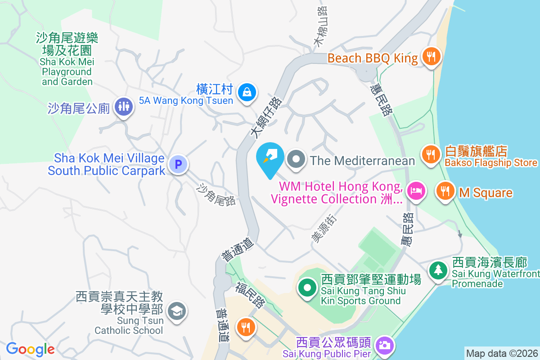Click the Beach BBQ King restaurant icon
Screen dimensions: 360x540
pyautogui.click(x=431, y=57)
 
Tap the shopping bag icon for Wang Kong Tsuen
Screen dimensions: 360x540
pyautogui.click(x=247, y=92)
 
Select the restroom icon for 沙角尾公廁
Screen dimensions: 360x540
pyautogui.click(x=122, y=107)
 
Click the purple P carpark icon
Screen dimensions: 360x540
pyautogui.click(x=179, y=164)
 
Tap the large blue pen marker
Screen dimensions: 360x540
pyautogui.click(x=270, y=158)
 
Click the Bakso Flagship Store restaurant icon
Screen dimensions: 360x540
pyautogui.click(x=431, y=154)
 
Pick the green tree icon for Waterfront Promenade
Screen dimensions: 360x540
pyautogui.click(x=437, y=270)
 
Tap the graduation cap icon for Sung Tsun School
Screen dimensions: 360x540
pyautogui.click(x=176, y=311)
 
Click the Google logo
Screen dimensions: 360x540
pyautogui.click(x=30, y=349)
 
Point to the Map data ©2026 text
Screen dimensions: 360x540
pyautogui.click(x=502, y=353)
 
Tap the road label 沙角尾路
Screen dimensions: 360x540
pyautogui.click(x=216, y=195)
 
